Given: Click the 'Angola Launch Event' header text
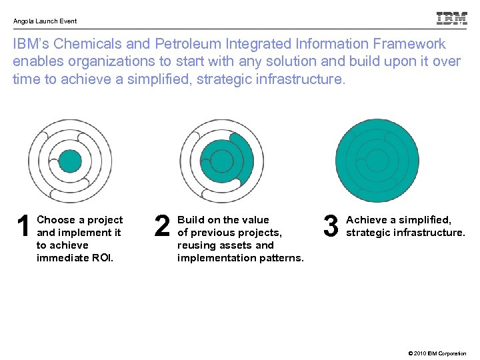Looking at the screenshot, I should (x=45, y=21).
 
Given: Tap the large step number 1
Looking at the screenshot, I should (x=23, y=227).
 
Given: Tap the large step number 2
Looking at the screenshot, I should (x=162, y=227).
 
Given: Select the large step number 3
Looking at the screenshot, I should (x=331, y=227).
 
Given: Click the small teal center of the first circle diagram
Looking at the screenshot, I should (x=70, y=161).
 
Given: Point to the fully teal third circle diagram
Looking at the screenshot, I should (x=377, y=161).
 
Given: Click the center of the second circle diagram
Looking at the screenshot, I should (x=222, y=161).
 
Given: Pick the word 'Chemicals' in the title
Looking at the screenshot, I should (x=88, y=45).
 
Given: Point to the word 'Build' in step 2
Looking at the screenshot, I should (x=191, y=220).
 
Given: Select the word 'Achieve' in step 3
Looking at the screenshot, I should (x=367, y=220).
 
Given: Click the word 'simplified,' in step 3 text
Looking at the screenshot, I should (x=425, y=220).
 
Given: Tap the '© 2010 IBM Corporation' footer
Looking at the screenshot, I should (x=431, y=353).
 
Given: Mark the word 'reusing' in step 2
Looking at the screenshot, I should (x=196, y=245).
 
